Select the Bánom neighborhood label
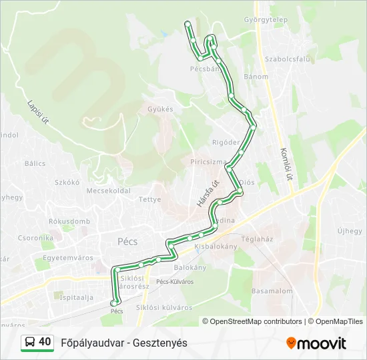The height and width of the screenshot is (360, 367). pyautogui.click(x=256, y=77)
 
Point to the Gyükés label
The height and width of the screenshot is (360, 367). pyautogui.click(x=160, y=109)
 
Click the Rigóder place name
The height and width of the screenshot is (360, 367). pyautogui.click(x=225, y=142)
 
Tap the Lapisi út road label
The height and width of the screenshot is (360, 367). pyautogui.click(x=38, y=112)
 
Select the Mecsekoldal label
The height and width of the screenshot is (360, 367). pyautogui.click(x=109, y=190)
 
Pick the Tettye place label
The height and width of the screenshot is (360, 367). pyautogui.click(x=149, y=199)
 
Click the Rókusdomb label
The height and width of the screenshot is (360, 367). pyautogui.click(x=69, y=221)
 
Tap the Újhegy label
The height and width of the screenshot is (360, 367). pyautogui.click(x=349, y=231)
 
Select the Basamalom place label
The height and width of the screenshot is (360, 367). pyautogui.click(x=272, y=291)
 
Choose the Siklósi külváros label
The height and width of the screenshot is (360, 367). pyautogui.click(x=164, y=307)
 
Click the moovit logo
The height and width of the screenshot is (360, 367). pyautogui.click(x=316, y=343)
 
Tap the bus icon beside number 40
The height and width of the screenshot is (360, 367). pyautogui.click(x=30, y=342)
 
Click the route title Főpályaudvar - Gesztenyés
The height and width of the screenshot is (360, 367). pyautogui.click(x=124, y=343)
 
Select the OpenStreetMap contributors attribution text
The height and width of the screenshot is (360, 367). pyautogui.click(x=256, y=321)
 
